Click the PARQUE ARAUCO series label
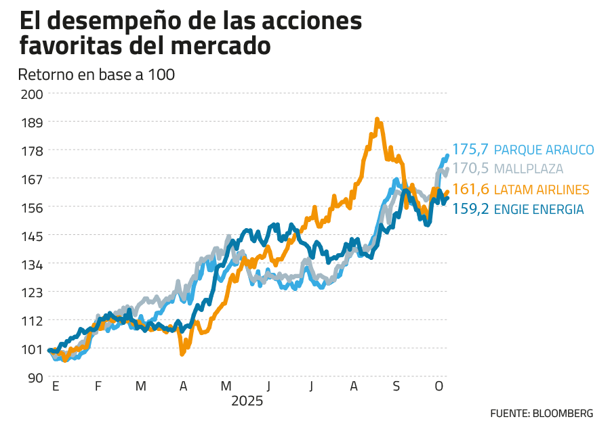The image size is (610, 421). coord(544,150)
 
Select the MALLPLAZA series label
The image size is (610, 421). coord(529,169)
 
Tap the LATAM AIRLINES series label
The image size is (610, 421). coord(542,189)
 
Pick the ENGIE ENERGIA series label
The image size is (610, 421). coord(539,209)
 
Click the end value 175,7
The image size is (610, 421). coord(471,150)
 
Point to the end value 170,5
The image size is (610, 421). coord(471,169)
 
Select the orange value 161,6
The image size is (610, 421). coord(471,189)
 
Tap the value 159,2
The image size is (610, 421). coord(471,209)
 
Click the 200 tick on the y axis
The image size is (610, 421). coord(32,93)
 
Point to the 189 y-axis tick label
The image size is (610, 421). coord(32,122)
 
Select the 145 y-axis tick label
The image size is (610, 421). coord(32,236)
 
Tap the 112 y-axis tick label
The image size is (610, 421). coord(32,321)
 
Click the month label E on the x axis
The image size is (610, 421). coord(55,387)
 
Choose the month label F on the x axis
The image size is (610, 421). coord(98,387)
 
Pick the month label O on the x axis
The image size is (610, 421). coord(439,387)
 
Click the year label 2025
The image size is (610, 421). coord(247,401)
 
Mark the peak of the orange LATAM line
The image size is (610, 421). coord(378,120)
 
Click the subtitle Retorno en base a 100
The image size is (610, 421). coord(97,74)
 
